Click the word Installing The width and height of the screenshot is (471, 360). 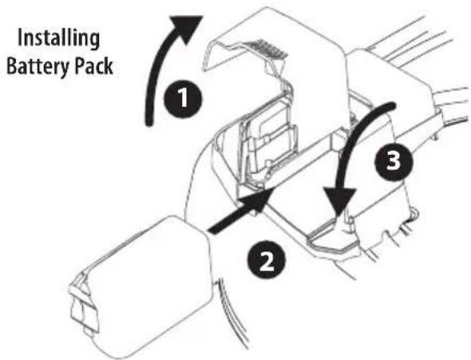(x=59, y=38)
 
